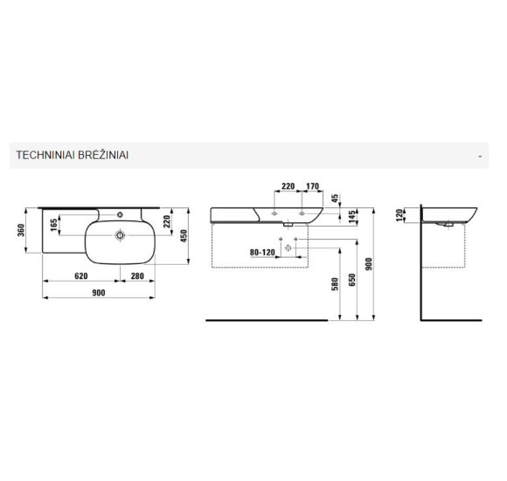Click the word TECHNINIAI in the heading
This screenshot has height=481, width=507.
[x=45, y=155]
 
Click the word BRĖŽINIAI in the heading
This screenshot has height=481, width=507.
[x=103, y=155]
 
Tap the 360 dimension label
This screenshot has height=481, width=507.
[x=21, y=230]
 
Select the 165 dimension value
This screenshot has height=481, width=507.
[x=54, y=225]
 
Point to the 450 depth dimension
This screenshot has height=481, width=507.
[x=184, y=236]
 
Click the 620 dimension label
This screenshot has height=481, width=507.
[x=80, y=276]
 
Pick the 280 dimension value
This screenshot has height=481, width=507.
[x=137, y=276]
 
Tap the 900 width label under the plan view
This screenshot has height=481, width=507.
[x=99, y=293]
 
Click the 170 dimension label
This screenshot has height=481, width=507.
[x=312, y=186]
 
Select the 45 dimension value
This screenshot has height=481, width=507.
[x=335, y=199]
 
